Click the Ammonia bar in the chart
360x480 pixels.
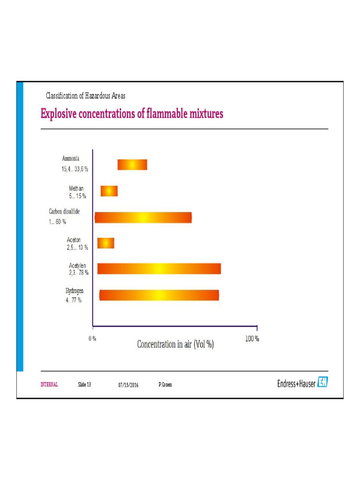coord(132,165)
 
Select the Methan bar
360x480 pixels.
coord(109,191)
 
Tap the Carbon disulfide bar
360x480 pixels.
coord(143,218)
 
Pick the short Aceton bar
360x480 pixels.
coord(106,243)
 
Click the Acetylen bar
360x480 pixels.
coord(159,269)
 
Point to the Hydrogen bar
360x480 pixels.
coord(159,295)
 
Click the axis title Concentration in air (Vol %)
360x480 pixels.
coord(175,345)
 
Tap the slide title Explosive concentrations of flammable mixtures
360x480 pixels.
coord(132,114)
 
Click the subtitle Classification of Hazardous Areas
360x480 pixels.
coord(85,96)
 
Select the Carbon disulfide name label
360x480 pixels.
coord(64,211)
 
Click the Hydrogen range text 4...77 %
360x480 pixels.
coord(74,300)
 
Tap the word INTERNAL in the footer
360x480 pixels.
coord(49,384)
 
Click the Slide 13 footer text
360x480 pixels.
coord(84,384)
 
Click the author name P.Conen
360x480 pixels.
coord(165,385)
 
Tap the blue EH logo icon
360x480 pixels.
coord(322,382)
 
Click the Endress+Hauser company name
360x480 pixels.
coord(296,383)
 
